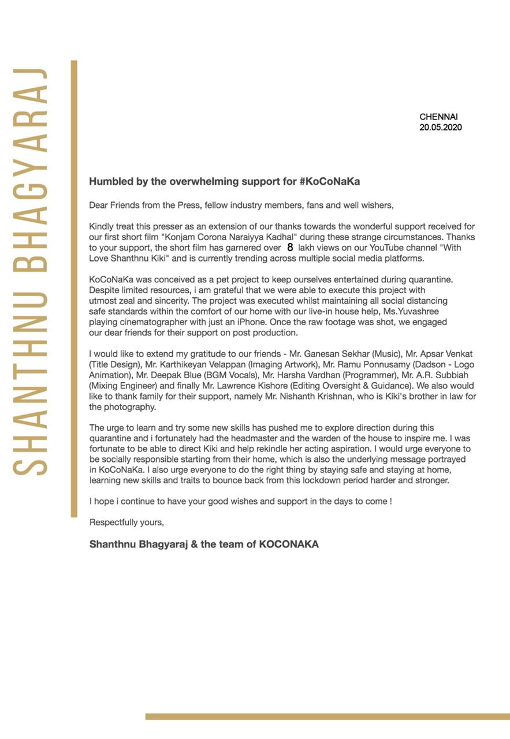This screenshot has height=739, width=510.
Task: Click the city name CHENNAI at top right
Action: click(x=438, y=117)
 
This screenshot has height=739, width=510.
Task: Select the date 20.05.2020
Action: click(x=440, y=127)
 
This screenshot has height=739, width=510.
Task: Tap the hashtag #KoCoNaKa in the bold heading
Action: click(x=330, y=181)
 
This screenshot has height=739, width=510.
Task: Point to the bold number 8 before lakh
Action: click(x=290, y=248)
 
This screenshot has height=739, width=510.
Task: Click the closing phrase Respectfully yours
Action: click(x=126, y=522)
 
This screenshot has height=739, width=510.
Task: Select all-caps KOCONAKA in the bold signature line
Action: click(x=289, y=544)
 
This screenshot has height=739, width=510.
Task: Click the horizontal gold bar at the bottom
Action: click(x=327, y=716)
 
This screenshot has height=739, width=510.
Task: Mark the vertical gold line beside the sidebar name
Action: click(x=74, y=289)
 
